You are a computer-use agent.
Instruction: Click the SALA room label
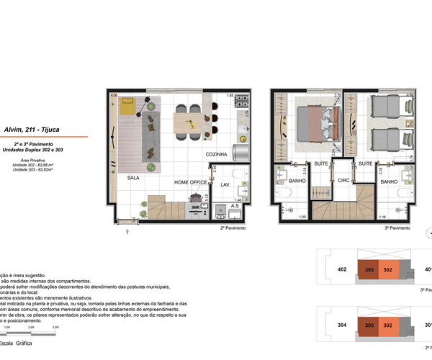133,176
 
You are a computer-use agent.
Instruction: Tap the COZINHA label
217,154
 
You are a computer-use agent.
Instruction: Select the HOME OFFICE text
191,183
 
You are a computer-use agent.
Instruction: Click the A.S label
235,205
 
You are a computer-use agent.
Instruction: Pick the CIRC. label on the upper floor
344,181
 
